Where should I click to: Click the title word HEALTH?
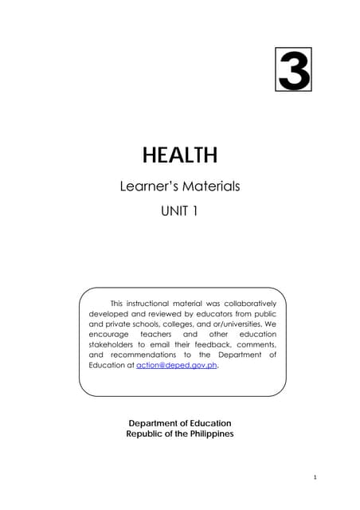179,155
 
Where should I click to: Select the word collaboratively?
244,304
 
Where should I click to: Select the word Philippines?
205,433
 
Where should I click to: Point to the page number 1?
316,477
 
